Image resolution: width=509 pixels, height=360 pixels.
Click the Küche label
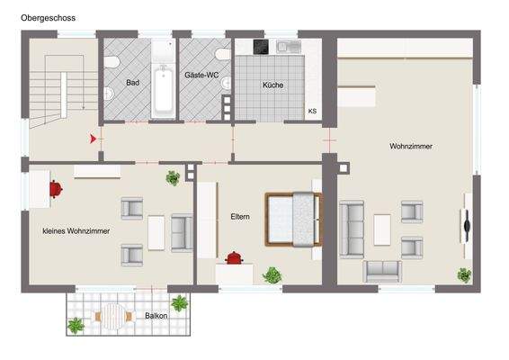(272, 85)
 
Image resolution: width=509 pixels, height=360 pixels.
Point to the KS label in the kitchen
(312, 112)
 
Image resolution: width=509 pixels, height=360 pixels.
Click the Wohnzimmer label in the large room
(410, 146)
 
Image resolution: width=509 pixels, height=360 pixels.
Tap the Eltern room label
(240, 217)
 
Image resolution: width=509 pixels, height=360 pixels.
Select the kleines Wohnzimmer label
(76, 231)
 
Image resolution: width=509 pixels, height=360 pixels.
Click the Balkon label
(156, 316)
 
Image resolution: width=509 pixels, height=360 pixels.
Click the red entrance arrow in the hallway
(92, 139)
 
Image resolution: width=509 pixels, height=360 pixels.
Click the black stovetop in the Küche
(261, 47)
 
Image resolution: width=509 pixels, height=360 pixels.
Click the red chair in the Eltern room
(235, 258)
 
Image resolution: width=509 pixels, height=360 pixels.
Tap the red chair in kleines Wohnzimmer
(56, 188)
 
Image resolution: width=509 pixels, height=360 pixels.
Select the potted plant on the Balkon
(180, 302)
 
